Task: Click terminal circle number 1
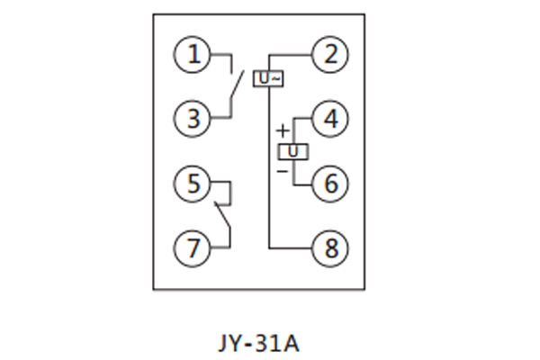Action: point(192,56)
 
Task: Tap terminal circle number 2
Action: point(330,56)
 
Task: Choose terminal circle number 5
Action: point(192,184)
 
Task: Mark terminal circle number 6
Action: point(330,184)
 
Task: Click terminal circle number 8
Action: point(330,247)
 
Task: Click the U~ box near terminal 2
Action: point(269,79)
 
